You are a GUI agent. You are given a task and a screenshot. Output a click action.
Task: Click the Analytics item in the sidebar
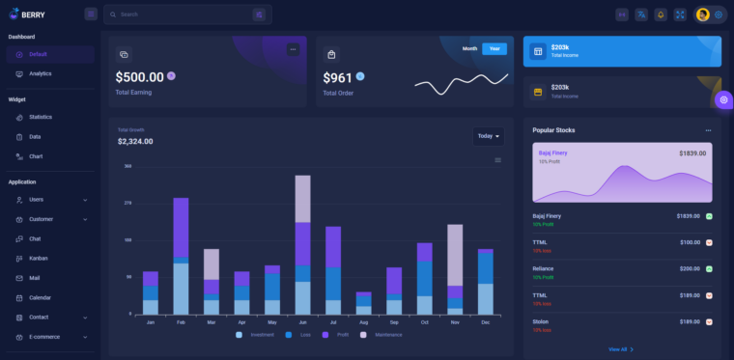pyautogui.click(x=40, y=73)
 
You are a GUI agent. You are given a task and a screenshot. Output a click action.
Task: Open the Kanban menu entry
pyautogui.click(x=39, y=258)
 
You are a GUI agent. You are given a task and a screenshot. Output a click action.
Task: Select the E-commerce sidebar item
pyautogui.click(x=44, y=337)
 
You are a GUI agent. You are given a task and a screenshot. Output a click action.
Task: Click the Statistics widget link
pyautogui.click(x=41, y=117)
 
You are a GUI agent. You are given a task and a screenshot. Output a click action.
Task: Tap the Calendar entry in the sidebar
pyautogui.click(x=40, y=297)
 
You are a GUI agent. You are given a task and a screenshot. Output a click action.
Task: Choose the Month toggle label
pyautogui.click(x=469, y=48)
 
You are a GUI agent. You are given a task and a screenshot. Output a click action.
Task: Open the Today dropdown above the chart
pyautogui.click(x=488, y=136)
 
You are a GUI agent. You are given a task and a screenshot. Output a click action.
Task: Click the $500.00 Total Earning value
pyautogui.click(x=140, y=77)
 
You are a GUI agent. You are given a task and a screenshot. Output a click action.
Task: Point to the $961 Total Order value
pyautogui.click(x=337, y=77)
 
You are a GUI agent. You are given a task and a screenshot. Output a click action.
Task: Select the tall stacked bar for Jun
pyautogui.click(x=302, y=244)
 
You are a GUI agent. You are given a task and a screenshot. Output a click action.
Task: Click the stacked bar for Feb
pyautogui.click(x=181, y=256)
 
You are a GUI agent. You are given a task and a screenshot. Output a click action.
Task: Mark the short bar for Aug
pyautogui.click(x=363, y=302)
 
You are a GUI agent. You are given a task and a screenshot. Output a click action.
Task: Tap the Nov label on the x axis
pyautogui.click(x=455, y=322)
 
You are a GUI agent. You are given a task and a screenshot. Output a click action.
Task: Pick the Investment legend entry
pyautogui.click(x=261, y=335)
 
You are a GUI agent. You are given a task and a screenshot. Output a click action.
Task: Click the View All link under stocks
pyautogui.click(x=618, y=349)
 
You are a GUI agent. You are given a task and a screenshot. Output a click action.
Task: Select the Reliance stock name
pyautogui.click(x=543, y=268)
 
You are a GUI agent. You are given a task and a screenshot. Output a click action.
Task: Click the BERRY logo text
pyautogui.click(x=33, y=14)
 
